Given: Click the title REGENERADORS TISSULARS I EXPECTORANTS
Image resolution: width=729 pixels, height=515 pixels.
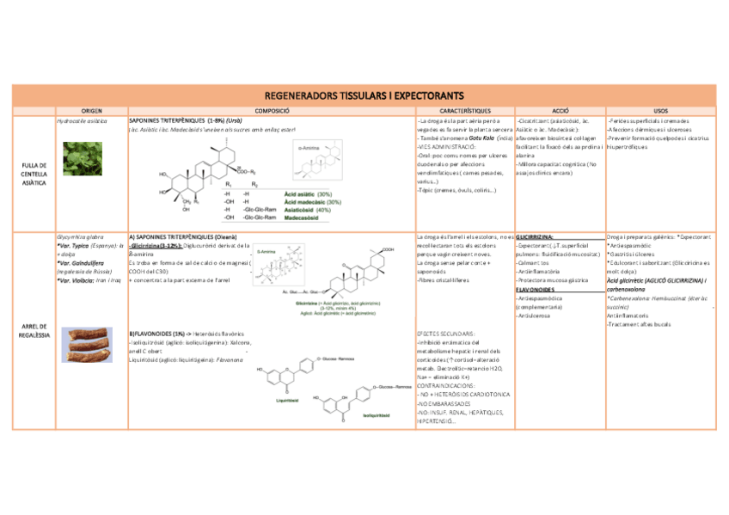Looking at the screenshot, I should coord(364,95).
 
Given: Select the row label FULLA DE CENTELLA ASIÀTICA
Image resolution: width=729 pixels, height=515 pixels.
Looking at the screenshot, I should coord(34,174).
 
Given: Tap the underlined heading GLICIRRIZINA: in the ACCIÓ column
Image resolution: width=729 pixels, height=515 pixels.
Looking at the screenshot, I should coord(535,236).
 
